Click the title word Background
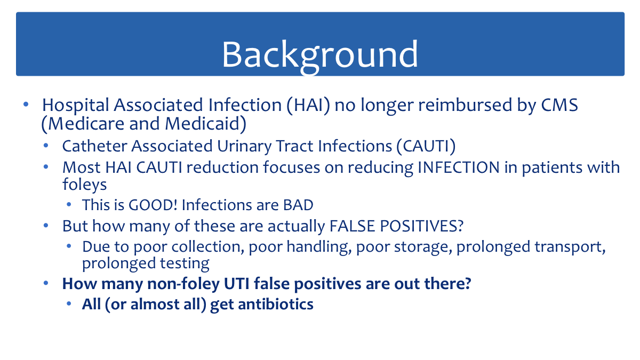(x=320, y=55)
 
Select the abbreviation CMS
(x=559, y=105)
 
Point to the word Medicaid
(x=205, y=124)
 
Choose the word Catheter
(x=94, y=146)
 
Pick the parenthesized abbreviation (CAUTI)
(x=426, y=147)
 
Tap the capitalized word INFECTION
(x=459, y=167)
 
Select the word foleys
(x=85, y=185)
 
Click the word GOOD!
(x=153, y=205)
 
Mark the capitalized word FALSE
(x=353, y=226)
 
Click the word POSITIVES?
(x=422, y=226)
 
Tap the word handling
(x=319, y=247)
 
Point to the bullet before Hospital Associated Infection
(x=26, y=105)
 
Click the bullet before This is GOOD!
(x=69, y=205)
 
